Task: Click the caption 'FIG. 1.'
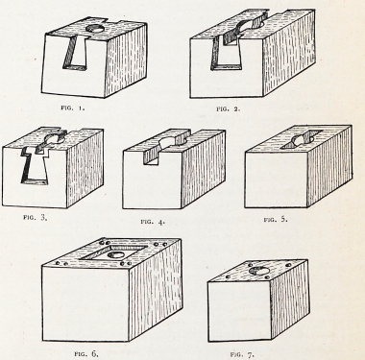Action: point(73,108)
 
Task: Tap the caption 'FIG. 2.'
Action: point(229,108)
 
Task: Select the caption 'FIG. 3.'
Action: point(36,218)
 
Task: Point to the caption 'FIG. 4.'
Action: point(153,222)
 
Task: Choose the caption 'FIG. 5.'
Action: point(276,220)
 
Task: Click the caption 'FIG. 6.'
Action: point(86,353)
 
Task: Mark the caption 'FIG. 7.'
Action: point(242,354)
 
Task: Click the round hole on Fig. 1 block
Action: point(95,29)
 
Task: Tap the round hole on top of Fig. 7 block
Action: point(259,271)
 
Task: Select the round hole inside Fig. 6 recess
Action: point(116,255)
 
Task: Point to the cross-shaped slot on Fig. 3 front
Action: point(36,166)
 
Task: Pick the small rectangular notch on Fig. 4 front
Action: point(151,156)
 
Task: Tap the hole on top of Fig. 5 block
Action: point(302,139)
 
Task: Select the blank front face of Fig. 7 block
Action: point(239,311)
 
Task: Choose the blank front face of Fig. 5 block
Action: point(277,180)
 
